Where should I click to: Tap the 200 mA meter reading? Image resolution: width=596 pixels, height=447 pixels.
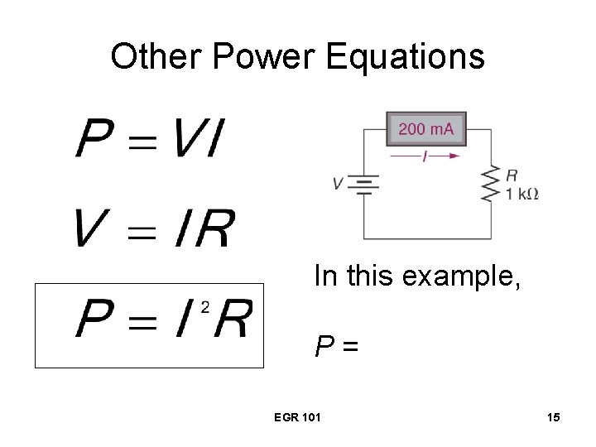426,129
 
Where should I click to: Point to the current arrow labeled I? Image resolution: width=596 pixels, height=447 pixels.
425,155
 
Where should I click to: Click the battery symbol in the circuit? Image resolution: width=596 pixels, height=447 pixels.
363,184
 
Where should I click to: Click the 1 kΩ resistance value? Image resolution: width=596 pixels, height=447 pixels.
522,194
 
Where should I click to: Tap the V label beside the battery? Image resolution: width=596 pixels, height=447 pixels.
338,184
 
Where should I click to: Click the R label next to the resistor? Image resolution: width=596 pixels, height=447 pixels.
512,175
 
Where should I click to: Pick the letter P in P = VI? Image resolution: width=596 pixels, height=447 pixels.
93,139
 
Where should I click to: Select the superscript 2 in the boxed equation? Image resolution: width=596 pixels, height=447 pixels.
205,307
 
